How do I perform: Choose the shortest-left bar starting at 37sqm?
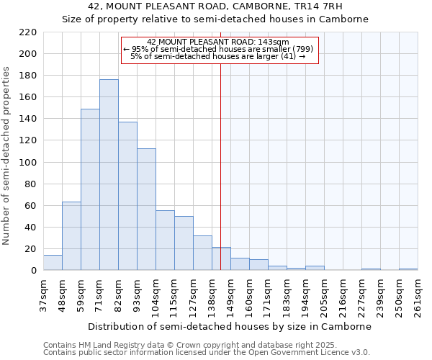[x=53, y=263]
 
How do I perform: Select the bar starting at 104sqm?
[x=165, y=240]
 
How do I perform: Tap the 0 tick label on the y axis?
[x=33, y=271]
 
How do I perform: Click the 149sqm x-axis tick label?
[x=230, y=296]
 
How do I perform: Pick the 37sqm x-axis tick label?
[x=43, y=296]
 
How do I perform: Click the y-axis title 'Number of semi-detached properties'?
[x=7, y=156]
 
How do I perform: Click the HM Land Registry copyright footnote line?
[x=180, y=345]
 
